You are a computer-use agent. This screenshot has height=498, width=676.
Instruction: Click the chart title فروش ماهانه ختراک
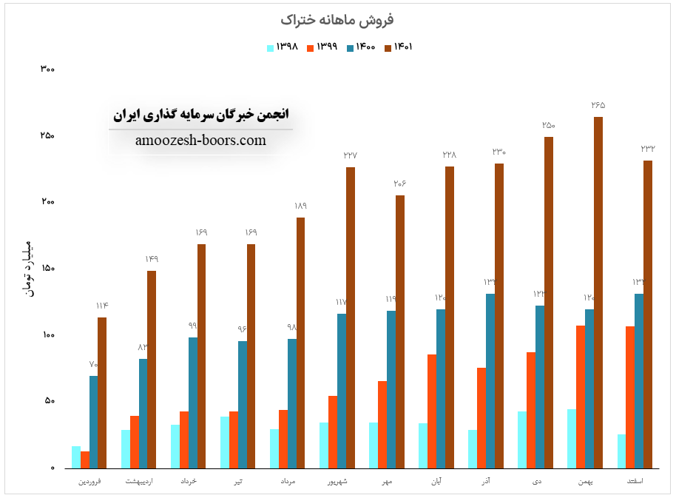[x=337, y=18]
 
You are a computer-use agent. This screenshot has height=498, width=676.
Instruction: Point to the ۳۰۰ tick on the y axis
[x=48, y=70]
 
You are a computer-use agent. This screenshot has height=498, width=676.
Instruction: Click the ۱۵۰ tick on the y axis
[x=48, y=269]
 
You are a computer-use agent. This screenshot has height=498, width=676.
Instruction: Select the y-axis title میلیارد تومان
[x=30, y=269]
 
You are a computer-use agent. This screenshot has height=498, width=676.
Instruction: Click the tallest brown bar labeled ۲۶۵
[x=598, y=292]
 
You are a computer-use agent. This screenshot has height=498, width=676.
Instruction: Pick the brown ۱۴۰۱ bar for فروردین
[x=102, y=392]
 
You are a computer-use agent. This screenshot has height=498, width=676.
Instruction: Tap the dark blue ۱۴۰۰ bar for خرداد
[x=192, y=403]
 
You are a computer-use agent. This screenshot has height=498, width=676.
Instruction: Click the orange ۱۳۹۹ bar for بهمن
[x=581, y=397]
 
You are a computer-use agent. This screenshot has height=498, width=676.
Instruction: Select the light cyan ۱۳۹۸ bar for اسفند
[x=621, y=451]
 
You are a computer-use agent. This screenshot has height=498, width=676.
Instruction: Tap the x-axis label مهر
[x=388, y=482]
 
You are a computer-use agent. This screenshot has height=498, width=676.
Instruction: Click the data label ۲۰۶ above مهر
[x=400, y=184]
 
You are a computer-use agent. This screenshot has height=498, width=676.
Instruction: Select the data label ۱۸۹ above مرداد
[x=300, y=206]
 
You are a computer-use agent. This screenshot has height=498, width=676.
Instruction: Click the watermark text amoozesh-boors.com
[x=200, y=141]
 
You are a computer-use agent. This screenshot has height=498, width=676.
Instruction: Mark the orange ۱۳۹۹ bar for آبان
[x=431, y=411]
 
